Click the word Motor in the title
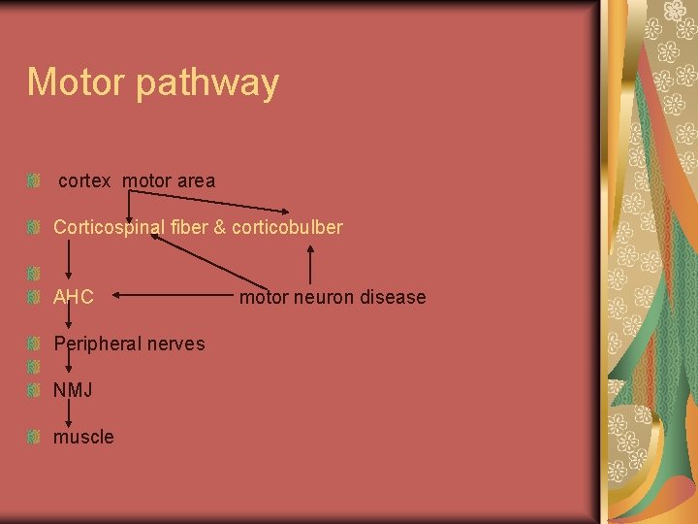[x=77, y=82]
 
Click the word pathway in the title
[x=207, y=84]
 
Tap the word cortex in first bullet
[x=84, y=180]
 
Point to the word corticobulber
[x=287, y=227]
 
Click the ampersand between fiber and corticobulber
[x=220, y=227]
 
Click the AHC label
[x=74, y=297]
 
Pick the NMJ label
[x=73, y=390]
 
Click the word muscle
[x=83, y=437]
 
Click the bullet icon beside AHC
[x=33, y=297]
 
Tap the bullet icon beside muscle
[x=33, y=437]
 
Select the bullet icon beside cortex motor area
[x=33, y=180]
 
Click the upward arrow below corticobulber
[x=310, y=263]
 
